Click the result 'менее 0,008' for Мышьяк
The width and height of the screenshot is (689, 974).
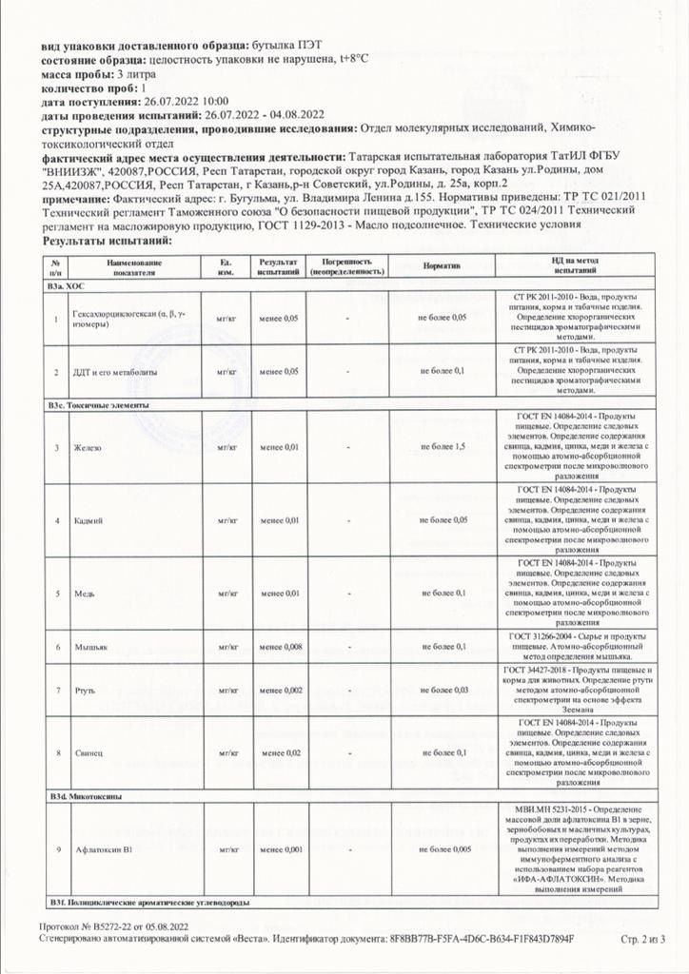pos(281,647)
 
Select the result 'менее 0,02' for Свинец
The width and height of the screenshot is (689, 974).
pos(281,752)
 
